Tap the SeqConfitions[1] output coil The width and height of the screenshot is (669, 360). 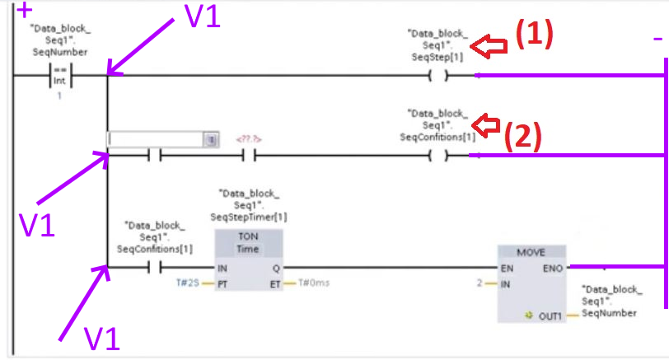[437, 155]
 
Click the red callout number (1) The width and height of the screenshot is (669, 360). [533, 34]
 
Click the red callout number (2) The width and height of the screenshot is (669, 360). [522, 135]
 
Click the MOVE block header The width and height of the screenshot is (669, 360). [531, 251]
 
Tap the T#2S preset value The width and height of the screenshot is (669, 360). [188, 283]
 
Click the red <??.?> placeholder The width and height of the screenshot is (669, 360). [250, 139]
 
